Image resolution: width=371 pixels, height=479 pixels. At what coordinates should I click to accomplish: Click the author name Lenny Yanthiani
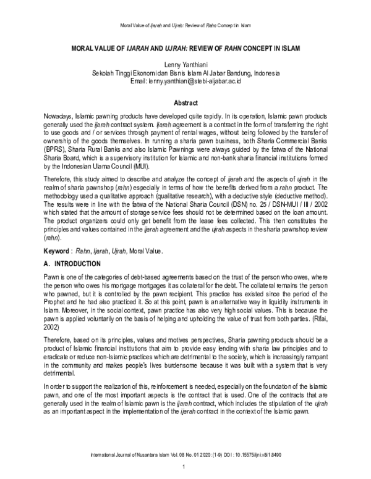pyautogui.click(x=185, y=65)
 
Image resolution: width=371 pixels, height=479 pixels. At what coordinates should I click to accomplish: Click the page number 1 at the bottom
pyautogui.click(x=185, y=473)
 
